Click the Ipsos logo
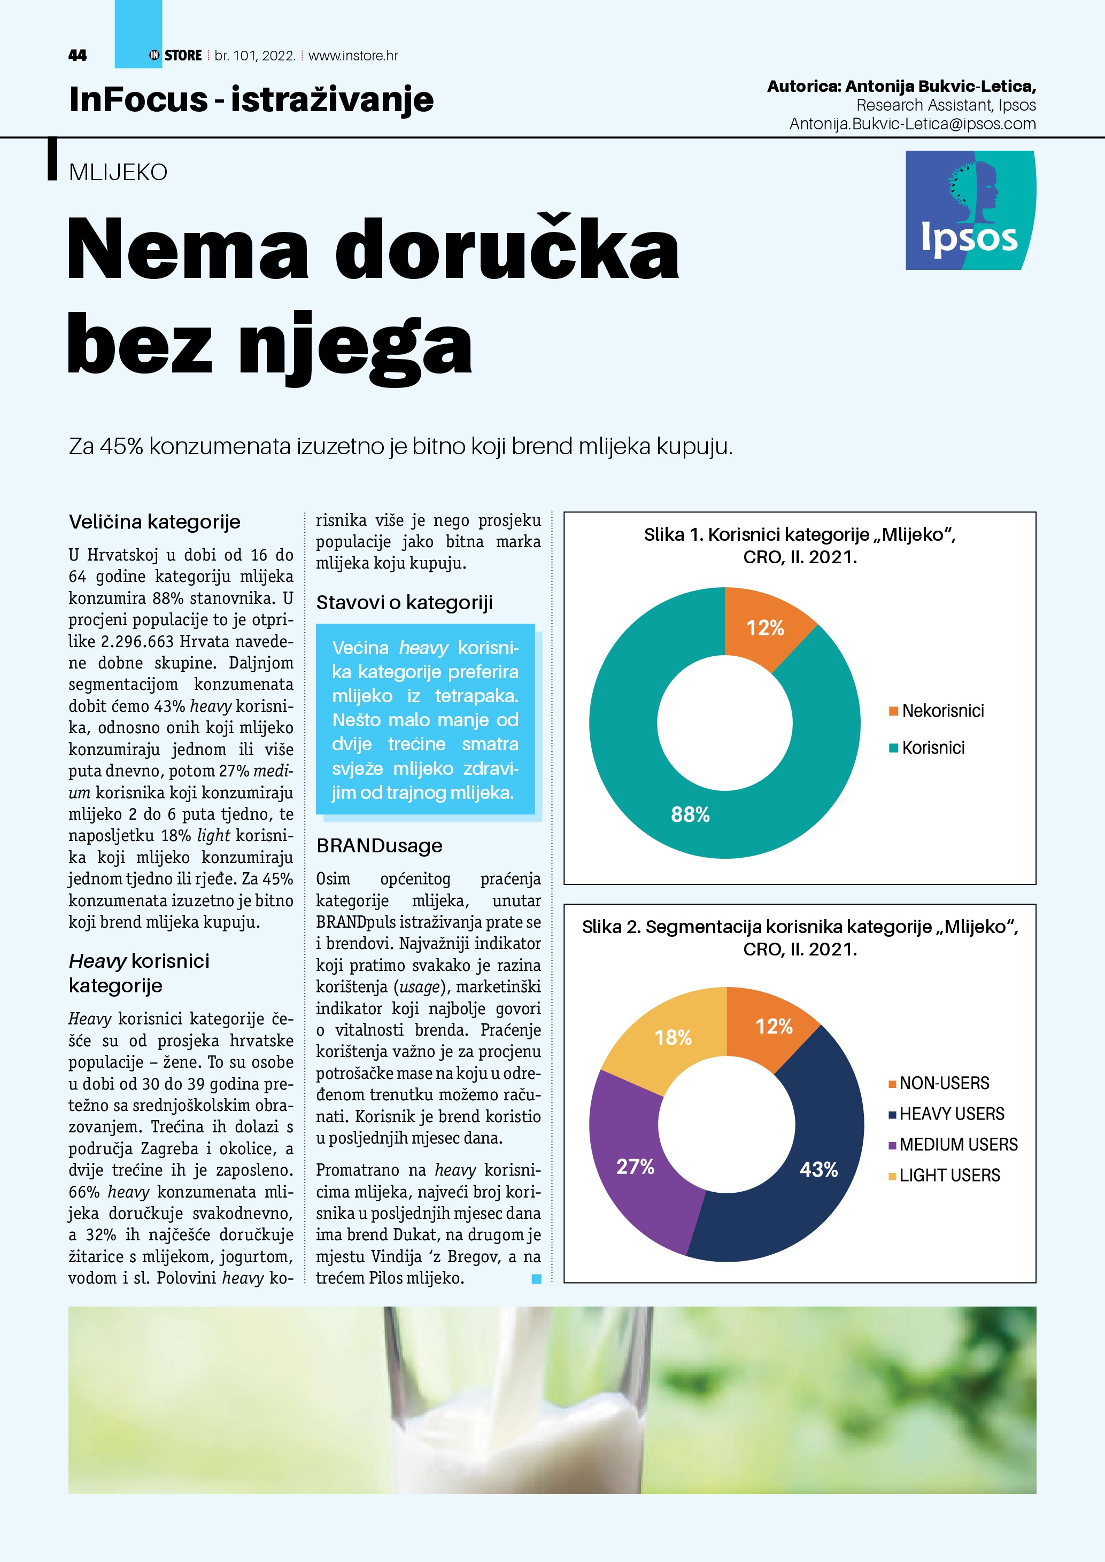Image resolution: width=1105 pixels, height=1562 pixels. tap(970, 210)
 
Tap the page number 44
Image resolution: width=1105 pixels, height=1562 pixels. tap(78, 56)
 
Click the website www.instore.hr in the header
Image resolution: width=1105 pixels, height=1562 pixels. tap(353, 56)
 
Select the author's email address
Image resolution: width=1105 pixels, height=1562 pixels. tap(913, 124)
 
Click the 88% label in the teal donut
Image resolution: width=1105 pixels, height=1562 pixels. tap(690, 814)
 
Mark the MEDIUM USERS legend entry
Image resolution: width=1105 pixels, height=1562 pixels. tap(953, 1144)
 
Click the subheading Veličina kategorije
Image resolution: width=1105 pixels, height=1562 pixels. tap(154, 522)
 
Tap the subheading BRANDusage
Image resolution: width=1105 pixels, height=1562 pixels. tap(379, 845)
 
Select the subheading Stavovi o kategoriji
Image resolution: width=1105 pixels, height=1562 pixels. tap(404, 603)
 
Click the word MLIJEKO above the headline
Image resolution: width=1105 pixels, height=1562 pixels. tap(118, 172)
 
